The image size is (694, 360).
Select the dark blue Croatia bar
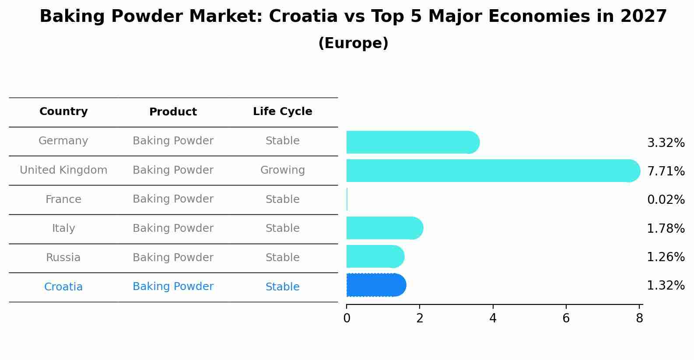(375, 285)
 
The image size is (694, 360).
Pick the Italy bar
(384, 228)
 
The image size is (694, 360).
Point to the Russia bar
(375, 256)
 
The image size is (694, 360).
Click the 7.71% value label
(666, 171)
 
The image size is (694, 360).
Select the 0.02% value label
(666, 200)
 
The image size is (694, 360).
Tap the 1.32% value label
(666, 286)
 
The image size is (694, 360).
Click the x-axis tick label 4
(493, 318)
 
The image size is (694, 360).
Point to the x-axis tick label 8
(639, 318)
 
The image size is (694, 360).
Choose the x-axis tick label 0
(347, 318)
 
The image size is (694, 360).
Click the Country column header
(63, 112)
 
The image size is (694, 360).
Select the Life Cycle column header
(282, 112)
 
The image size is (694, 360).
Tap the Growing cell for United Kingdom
(282, 170)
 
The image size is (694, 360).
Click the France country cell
(63, 199)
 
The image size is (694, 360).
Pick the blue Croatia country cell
(63, 287)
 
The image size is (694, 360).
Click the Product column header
(173, 112)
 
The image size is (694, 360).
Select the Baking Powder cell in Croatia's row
(173, 287)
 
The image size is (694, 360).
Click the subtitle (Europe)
(353, 43)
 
